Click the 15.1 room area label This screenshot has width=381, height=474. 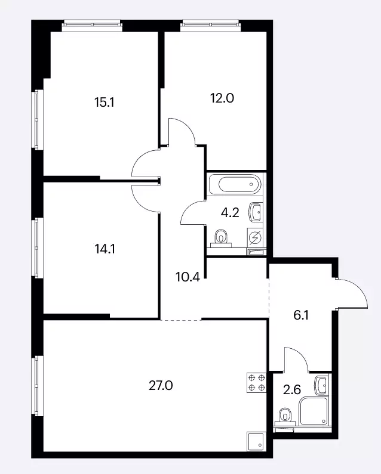pyautogui.click(x=104, y=103)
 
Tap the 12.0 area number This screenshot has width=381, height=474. pyautogui.click(x=222, y=98)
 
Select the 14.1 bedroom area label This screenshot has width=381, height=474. pyautogui.click(x=105, y=249)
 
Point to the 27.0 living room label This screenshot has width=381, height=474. pyautogui.click(x=161, y=386)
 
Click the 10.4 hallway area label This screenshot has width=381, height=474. pyautogui.click(x=188, y=277)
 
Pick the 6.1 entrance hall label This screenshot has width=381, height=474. pyautogui.click(x=301, y=315)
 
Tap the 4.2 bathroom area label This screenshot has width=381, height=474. pyautogui.click(x=230, y=213)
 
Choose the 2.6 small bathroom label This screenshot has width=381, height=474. pyautogui.click(x=292, y=390)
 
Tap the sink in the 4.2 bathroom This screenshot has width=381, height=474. pyautogui.click(x=255, y=212)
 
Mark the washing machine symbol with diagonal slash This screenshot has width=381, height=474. pyautogui.click(x=255, y=238)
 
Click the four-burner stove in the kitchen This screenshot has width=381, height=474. pyautogui.click(x=257, y=383)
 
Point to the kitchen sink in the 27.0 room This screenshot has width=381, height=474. pyautogui.click(x=257, y=442)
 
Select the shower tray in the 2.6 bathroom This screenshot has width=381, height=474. pyautogui.click(x=314, y=411)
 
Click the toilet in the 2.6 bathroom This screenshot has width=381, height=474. pyautogui.click(x=285, y=417)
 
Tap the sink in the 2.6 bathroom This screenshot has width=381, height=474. pyautogui.click(x=321, y=385)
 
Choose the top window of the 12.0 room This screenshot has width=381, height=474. pyautogui.click(x=210, y=26)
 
